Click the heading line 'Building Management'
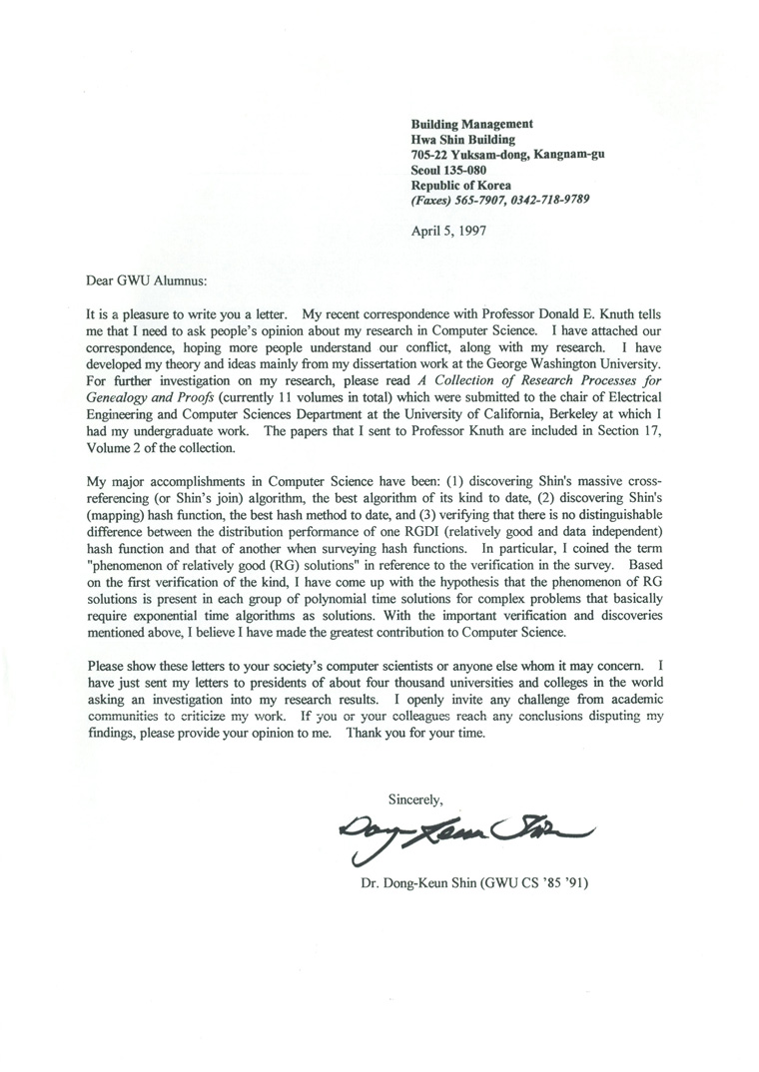[472, 124]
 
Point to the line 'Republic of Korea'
[461, 185]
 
